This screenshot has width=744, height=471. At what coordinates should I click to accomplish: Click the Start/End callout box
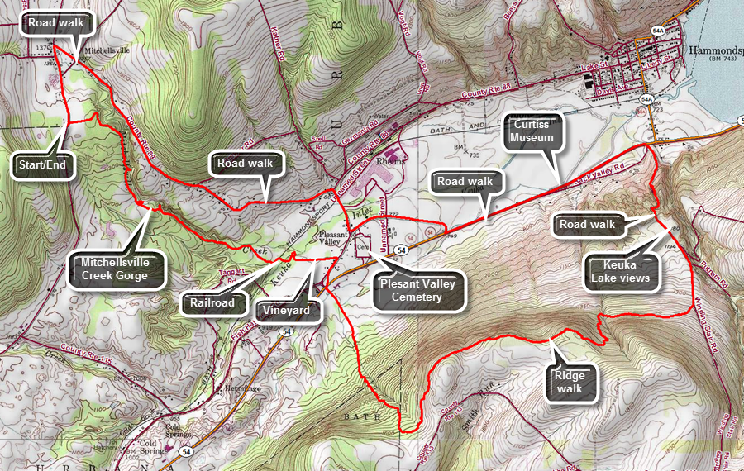46,164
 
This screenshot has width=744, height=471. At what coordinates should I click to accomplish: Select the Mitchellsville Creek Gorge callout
114,269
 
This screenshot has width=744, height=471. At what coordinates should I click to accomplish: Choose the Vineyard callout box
287,311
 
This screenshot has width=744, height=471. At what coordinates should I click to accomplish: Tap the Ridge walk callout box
570,382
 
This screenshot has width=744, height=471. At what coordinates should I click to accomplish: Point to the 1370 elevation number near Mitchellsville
44,49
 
